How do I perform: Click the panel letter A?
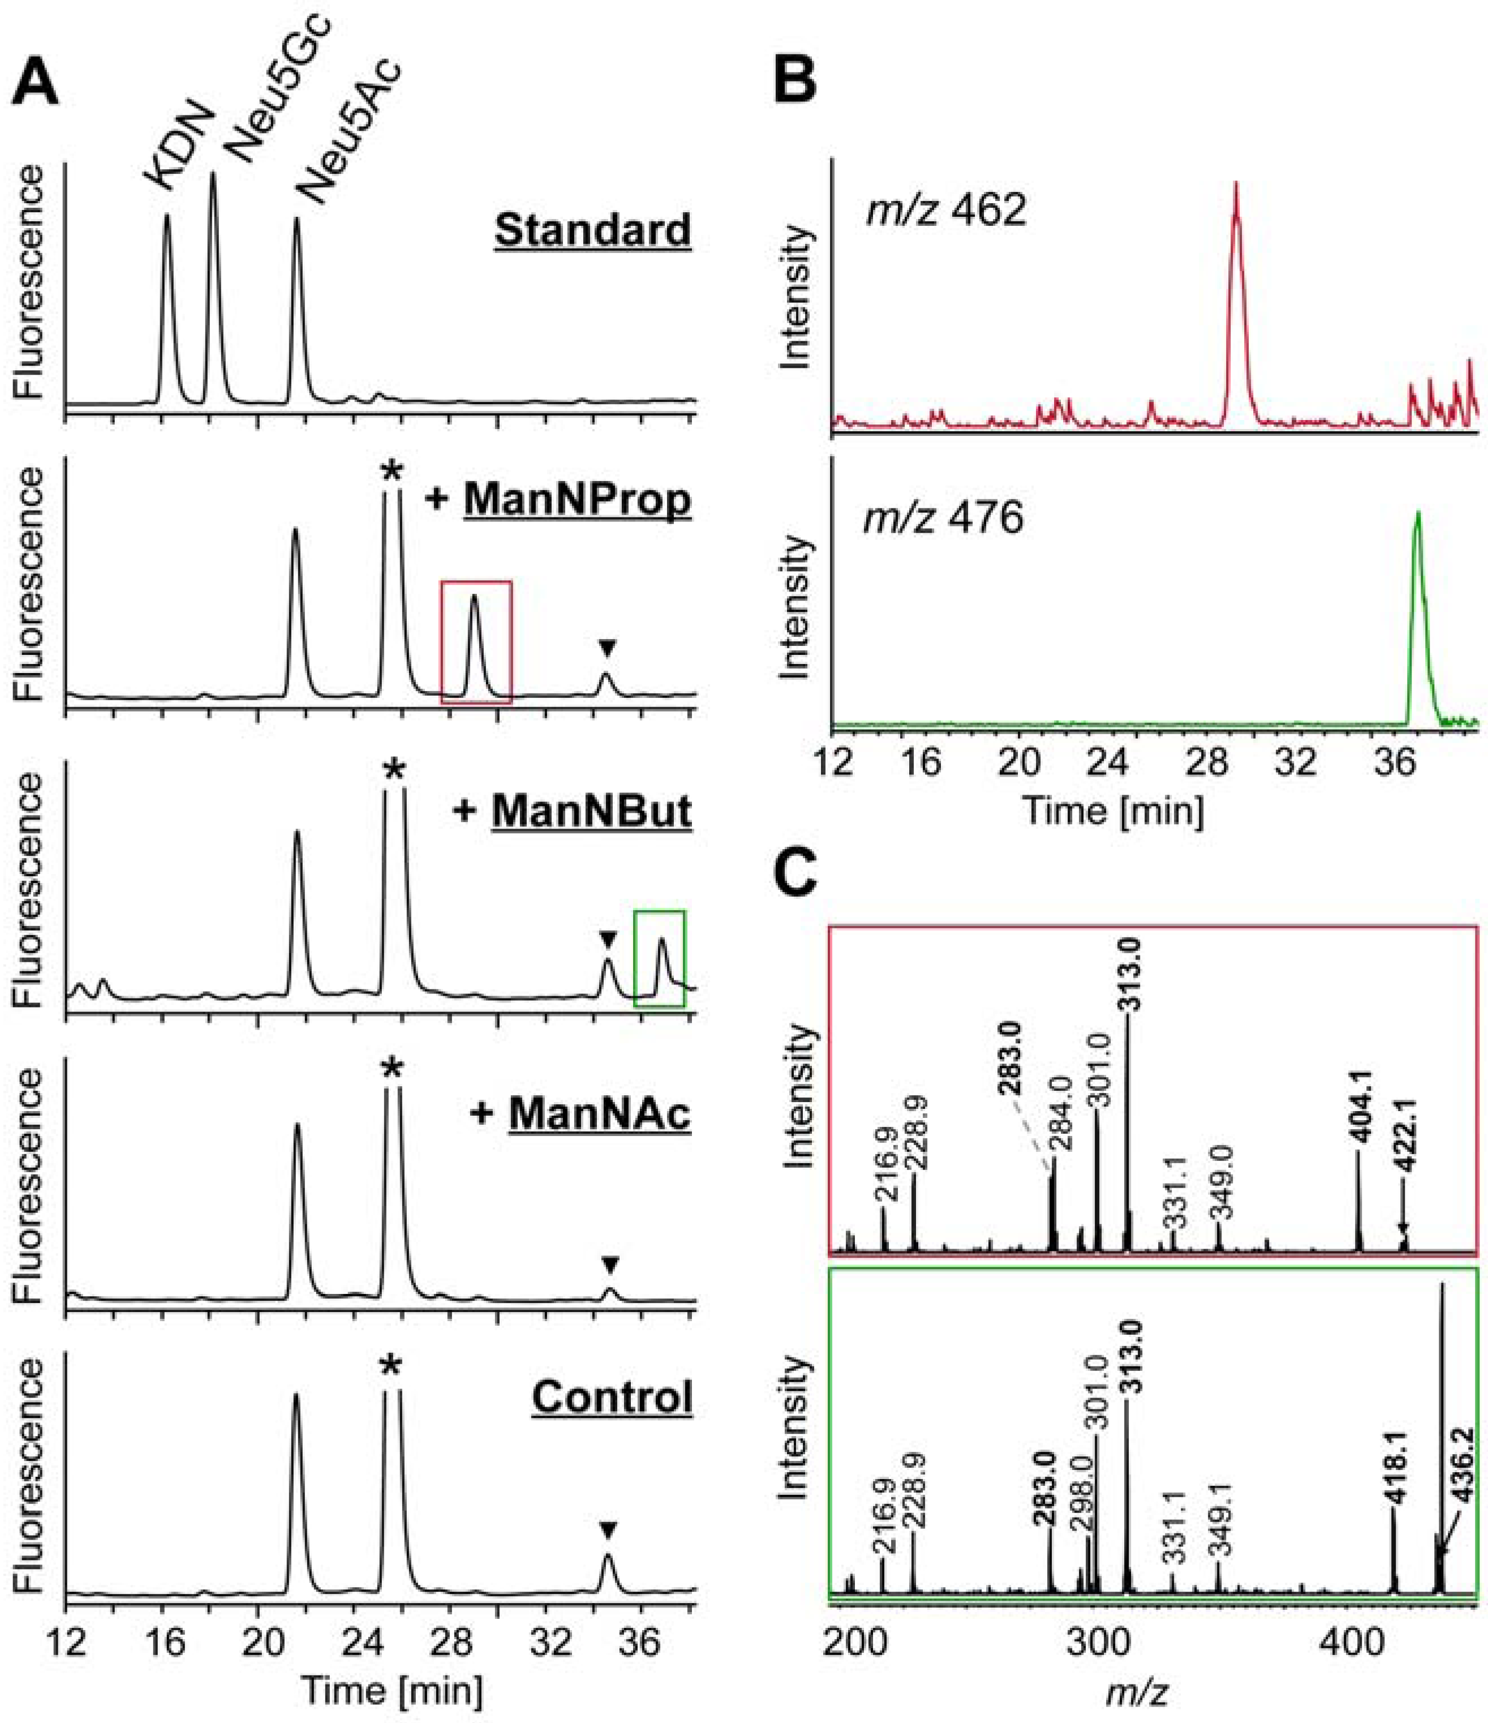[x=37, y=83]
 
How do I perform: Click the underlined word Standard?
[x=592, y=229]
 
